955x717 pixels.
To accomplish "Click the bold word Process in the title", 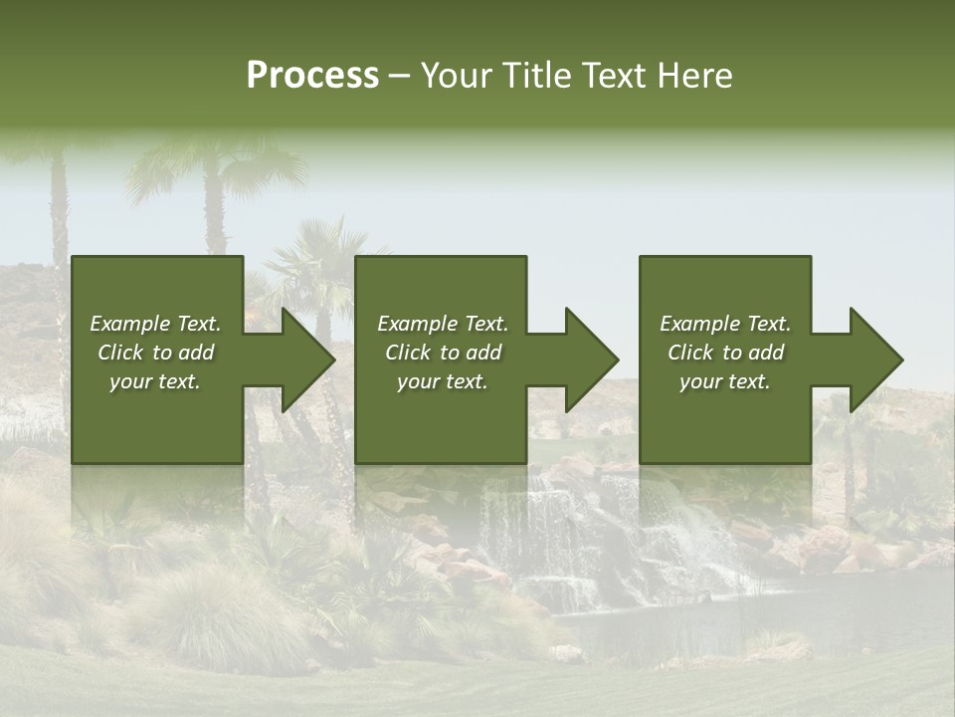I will tap(312, 76).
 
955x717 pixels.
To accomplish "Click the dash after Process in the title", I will tap(399, 77).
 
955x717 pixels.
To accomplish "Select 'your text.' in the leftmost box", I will tap(155, 381).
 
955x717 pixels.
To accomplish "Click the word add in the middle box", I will tap(483, 353).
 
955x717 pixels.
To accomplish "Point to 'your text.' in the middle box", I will tap(443, 381).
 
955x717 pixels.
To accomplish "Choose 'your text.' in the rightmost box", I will tap(725, 381).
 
